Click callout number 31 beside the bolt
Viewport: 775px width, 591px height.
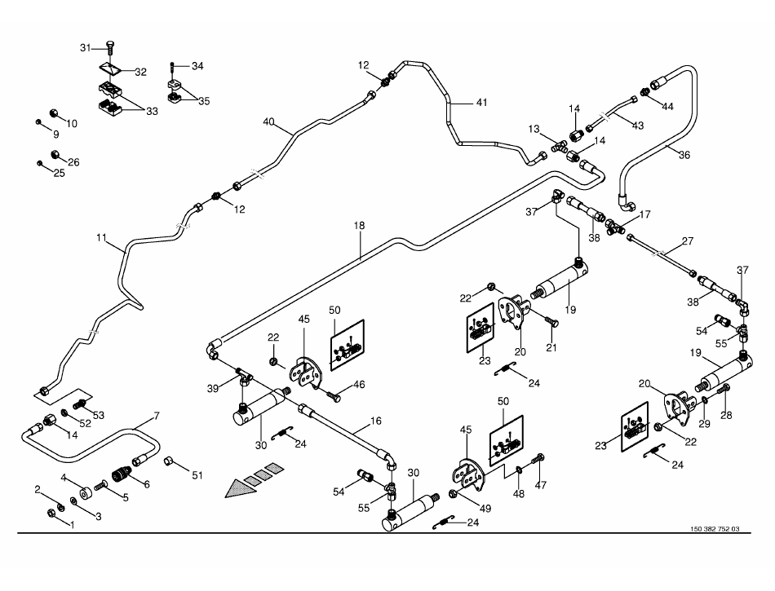pos(85,48)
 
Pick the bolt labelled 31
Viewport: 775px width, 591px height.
pos(111,51)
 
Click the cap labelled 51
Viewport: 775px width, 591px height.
pos(169,462)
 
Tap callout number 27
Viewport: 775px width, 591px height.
pos(688,241)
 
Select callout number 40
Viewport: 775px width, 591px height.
pos(269,122)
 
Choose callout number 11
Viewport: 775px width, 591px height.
pos(101,238)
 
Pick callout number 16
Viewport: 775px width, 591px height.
pos(375,421)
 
